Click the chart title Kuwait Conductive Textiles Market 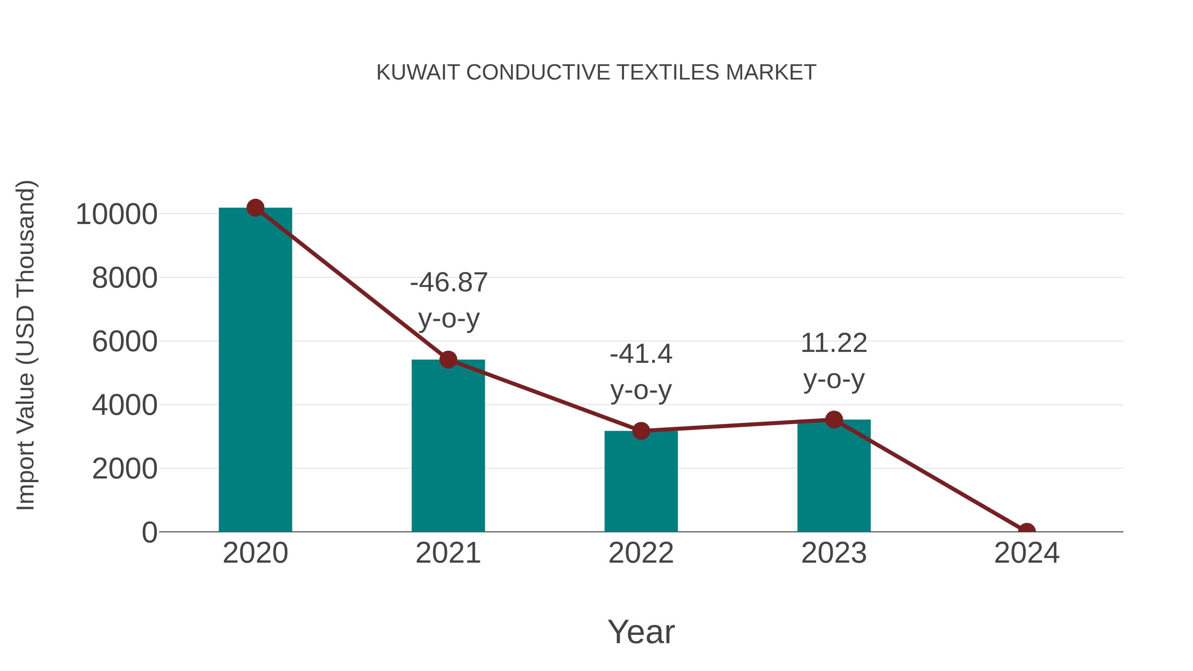pos(596,73)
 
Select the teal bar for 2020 pos(255,370)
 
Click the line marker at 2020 pos(255,208)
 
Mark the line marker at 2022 pos(641,431)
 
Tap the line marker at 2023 pos(834,419)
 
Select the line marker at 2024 pos(1026,531)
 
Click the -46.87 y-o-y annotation pos(449,301)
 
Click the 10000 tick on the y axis pos(117,214)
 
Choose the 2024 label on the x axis pos(1026,553)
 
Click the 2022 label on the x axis pos(641,553)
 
